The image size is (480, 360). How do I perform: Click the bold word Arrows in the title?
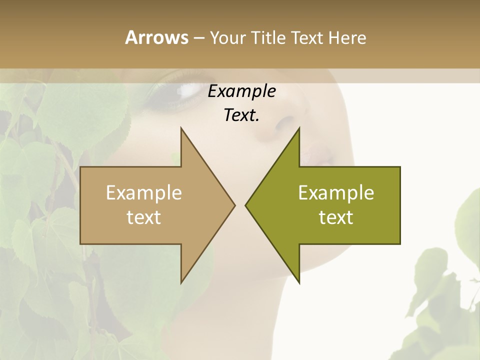tap(156, 37)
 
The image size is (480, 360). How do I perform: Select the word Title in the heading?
tap(268, 37)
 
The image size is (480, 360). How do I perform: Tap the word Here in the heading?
tap(347, 37)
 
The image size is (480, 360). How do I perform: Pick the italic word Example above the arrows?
tap(241, 91)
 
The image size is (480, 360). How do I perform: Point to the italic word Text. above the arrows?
tap(241, 115)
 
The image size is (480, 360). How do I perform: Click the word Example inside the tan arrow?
tap(144, 192)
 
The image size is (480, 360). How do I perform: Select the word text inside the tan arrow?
tap(144, 217)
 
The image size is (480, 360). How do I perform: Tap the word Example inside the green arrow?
tap(336, 192)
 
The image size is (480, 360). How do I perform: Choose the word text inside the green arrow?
tap(336, 217)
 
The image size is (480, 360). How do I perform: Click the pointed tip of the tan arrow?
tap(234, 205)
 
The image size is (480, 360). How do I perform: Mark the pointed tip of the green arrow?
tap(246, 205)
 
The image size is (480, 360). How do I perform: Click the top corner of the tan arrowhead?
tap(181, 128)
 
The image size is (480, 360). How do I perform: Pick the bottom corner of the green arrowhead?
tap(299, 283)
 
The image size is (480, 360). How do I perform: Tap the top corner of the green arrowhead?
tap(299, 128)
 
